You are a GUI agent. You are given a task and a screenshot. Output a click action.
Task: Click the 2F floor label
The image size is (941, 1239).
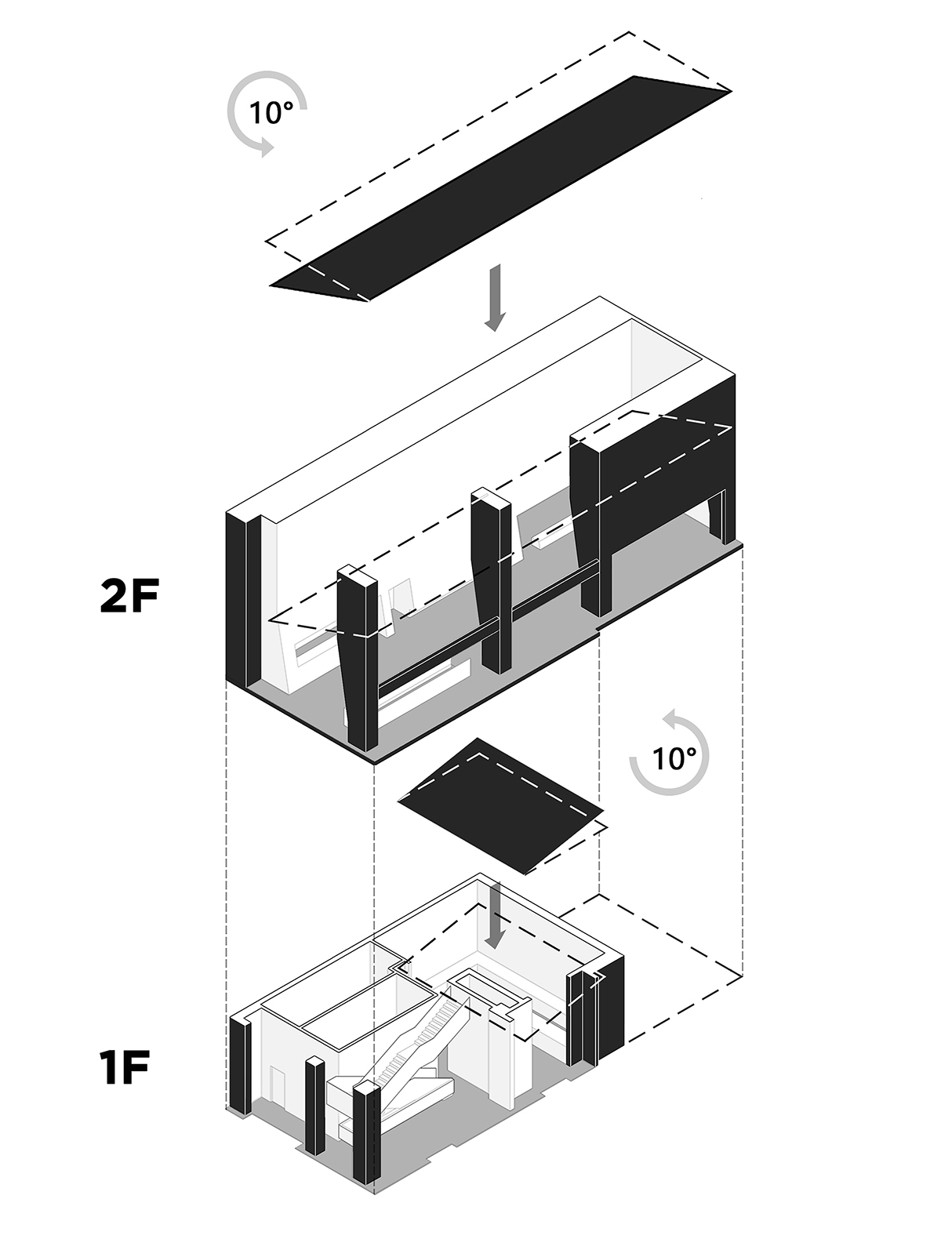[130, 598]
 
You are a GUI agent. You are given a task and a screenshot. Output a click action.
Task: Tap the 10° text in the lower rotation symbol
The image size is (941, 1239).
[674, 758]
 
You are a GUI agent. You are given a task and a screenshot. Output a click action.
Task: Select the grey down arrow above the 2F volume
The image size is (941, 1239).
[495, 298]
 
